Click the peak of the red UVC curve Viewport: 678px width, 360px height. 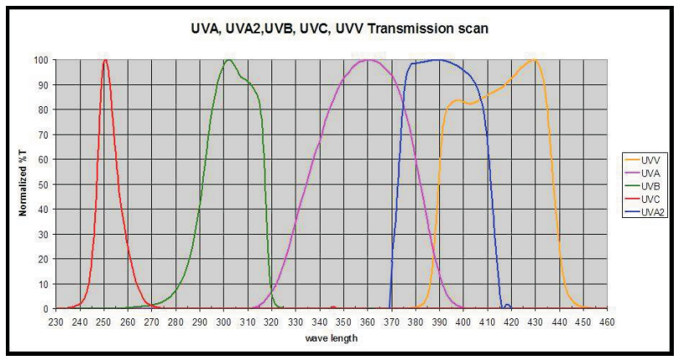pos(104,60)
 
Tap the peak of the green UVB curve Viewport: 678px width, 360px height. pos(227,60)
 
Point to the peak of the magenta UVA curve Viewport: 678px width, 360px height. pos(369,60)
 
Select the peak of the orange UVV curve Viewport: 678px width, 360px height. pos(533,60)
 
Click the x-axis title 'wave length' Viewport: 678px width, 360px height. pos(331,338)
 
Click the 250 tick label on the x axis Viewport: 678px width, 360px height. pos(104,321)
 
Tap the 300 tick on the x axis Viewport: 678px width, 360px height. pos(224,321)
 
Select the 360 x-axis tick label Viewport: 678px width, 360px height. pos(367,321)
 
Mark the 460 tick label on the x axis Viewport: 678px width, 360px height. pos(607,321)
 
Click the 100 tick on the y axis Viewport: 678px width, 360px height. pos(41,60)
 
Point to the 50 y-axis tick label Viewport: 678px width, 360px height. pos(43,185)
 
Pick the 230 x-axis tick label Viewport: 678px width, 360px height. pos(56,321)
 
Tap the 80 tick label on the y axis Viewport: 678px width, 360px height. pos(43,109)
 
